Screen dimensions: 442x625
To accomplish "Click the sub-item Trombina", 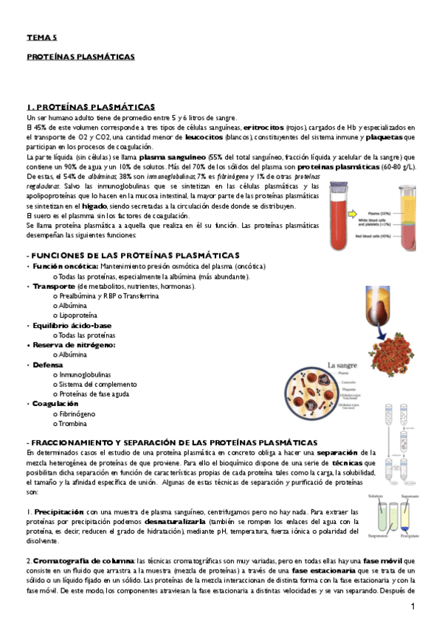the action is coord(74,424).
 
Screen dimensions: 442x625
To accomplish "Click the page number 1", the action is coord(413,606).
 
